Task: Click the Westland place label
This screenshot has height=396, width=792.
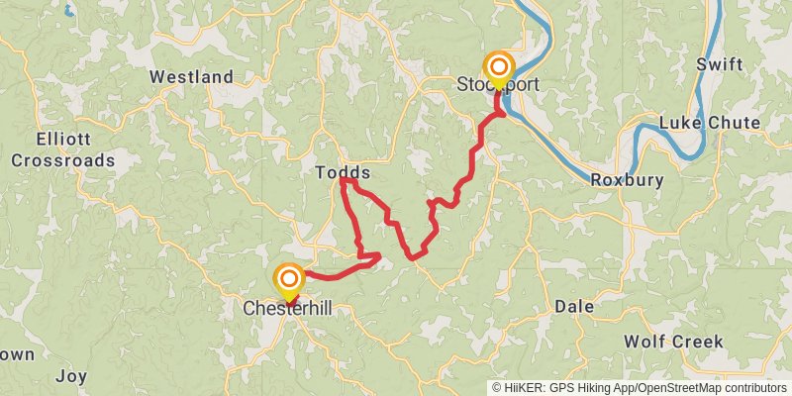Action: (x=191, y=76)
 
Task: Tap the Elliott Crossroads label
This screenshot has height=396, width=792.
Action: (x=62, y=149)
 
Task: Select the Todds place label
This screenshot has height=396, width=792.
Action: (x=343, y=172)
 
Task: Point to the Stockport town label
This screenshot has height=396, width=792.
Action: (x=499, y=84)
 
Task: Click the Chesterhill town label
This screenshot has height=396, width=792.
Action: (x=287, y=309)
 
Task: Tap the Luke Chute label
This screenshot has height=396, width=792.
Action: (x=710, y=123)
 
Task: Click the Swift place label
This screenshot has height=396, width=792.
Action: (x=718, y=64)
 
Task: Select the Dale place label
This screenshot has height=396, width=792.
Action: (x=574, y=307)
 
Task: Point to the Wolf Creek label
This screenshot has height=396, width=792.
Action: (x=673, y=342)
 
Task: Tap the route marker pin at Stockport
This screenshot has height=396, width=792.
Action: (x=499, y=68)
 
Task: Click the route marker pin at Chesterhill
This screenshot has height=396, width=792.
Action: (x=289, y=280)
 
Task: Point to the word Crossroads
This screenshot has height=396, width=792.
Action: (x=62, y=160)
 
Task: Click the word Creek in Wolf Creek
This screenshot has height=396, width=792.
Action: (x=697, y=342)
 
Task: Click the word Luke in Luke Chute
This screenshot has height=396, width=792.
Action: (x=679, y=123)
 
